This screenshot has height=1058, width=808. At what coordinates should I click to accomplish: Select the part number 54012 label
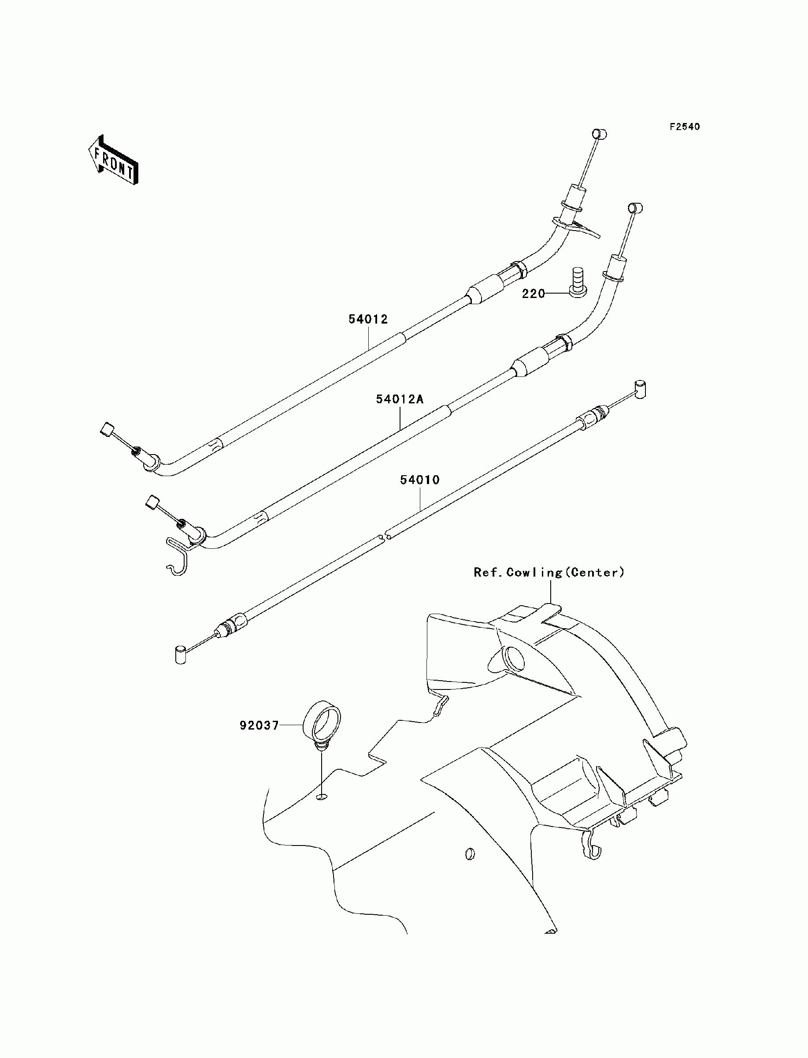(x=368, y=320)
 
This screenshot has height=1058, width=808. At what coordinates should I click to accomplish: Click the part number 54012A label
(x=400, y=399)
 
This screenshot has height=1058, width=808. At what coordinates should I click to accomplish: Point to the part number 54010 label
(x=420, y=480)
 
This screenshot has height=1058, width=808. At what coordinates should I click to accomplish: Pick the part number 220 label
(x=534, y=294)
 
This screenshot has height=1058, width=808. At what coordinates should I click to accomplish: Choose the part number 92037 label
(x=259, y=726)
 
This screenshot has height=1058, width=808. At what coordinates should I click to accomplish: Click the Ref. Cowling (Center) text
(x=549, y=573)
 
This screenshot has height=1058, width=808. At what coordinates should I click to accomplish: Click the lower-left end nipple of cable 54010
(x=180, y=655)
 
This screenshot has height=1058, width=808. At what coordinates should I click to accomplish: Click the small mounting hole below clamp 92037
(x=322, y=798)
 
